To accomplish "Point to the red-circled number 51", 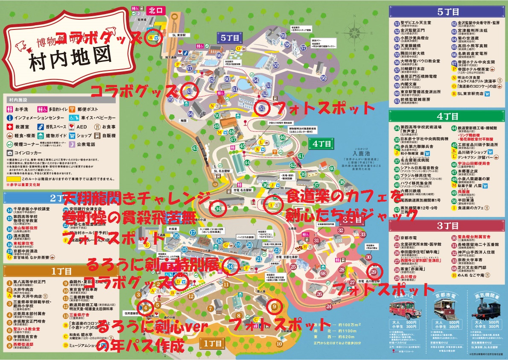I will tap(262, 108).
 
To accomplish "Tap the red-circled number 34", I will tap(218, 209).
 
